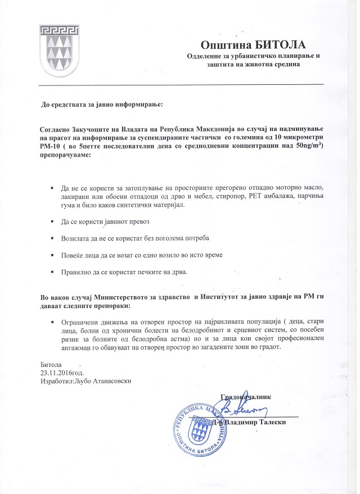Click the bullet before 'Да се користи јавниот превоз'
tap(52, 222)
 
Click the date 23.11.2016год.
tap(62, 373)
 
